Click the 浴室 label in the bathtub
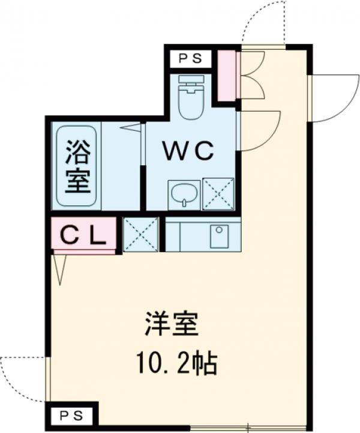coord(77,165)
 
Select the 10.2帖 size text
coord(176,363)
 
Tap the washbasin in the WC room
coord(184,194)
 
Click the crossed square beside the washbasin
coord(218,193)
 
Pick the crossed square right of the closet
coord(140,234)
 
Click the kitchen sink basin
coord(218,236)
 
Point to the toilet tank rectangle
coord(191,79)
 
